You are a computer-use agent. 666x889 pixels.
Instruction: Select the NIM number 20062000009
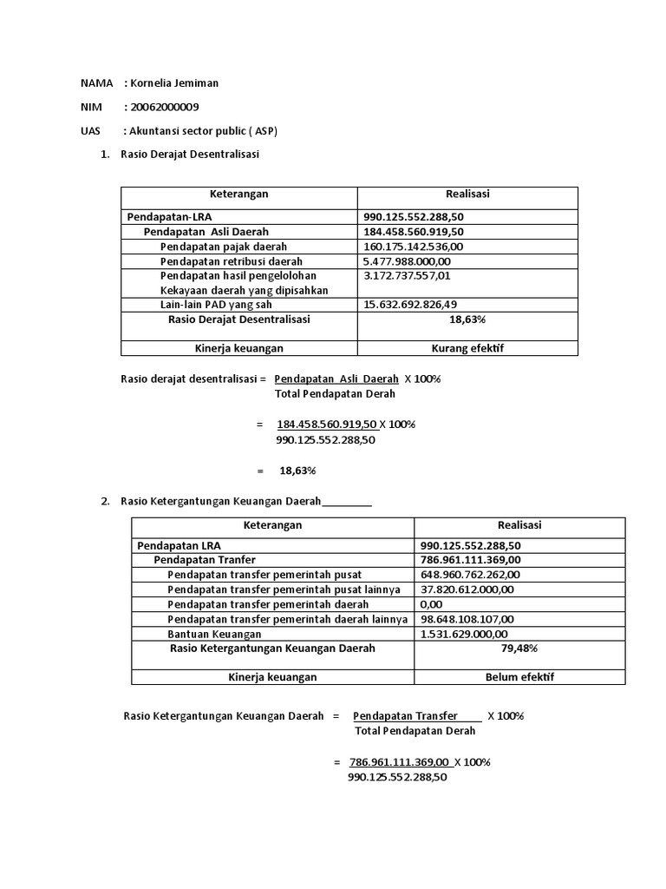click(x=162, y=107)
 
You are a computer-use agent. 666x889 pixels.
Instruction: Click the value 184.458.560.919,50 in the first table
click(x=414, y=232)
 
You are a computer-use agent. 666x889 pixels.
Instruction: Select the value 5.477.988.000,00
click(x=407, y=260)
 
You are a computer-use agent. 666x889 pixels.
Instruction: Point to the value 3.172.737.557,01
click(x=407, y=275)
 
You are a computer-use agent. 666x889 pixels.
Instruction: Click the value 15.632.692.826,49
click(x=410, y=304)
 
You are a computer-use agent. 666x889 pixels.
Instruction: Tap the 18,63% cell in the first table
click(x=467, y=319)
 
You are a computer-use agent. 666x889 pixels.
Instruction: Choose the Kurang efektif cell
click(x=467, y=348)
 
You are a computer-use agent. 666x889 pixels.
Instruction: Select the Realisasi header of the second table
click(x=519, y=525)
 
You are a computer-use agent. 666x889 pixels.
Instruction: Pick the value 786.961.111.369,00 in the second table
click(x=469, y=560)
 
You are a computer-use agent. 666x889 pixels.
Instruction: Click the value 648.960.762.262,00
click(x=469, y=575)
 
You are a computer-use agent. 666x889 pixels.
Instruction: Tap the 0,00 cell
click(x=431, y=603)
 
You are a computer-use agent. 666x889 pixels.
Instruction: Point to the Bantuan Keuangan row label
click(x=214, y=634)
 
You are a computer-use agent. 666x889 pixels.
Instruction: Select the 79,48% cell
click(x=519, y=649)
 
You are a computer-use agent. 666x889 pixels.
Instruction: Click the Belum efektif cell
click(x=519, y=677)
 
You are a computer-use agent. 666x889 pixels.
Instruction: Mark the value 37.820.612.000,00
click(x=467, y=589)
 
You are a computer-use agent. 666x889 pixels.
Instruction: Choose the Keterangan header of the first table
click(x=238, y=194)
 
